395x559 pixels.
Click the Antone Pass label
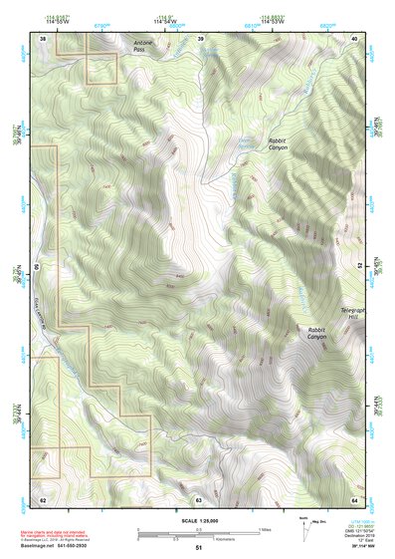pos(145,46)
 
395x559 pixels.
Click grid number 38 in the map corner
pos(43,37)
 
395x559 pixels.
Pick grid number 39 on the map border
pos(200,37)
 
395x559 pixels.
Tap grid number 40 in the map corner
pos(355,37)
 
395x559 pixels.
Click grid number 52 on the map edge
pos(360,267)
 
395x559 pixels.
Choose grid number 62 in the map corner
pos(43,498)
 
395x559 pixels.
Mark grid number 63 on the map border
pos(199,498)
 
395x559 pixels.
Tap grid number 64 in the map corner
pos(355,498)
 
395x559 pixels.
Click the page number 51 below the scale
pos(199,547)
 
